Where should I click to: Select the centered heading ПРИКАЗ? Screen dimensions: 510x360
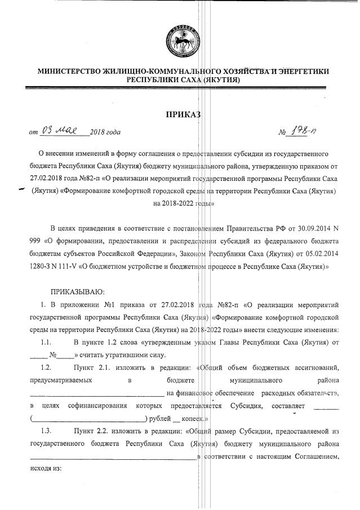[182, 115]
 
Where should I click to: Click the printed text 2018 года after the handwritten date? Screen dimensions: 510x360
[105, 133]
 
